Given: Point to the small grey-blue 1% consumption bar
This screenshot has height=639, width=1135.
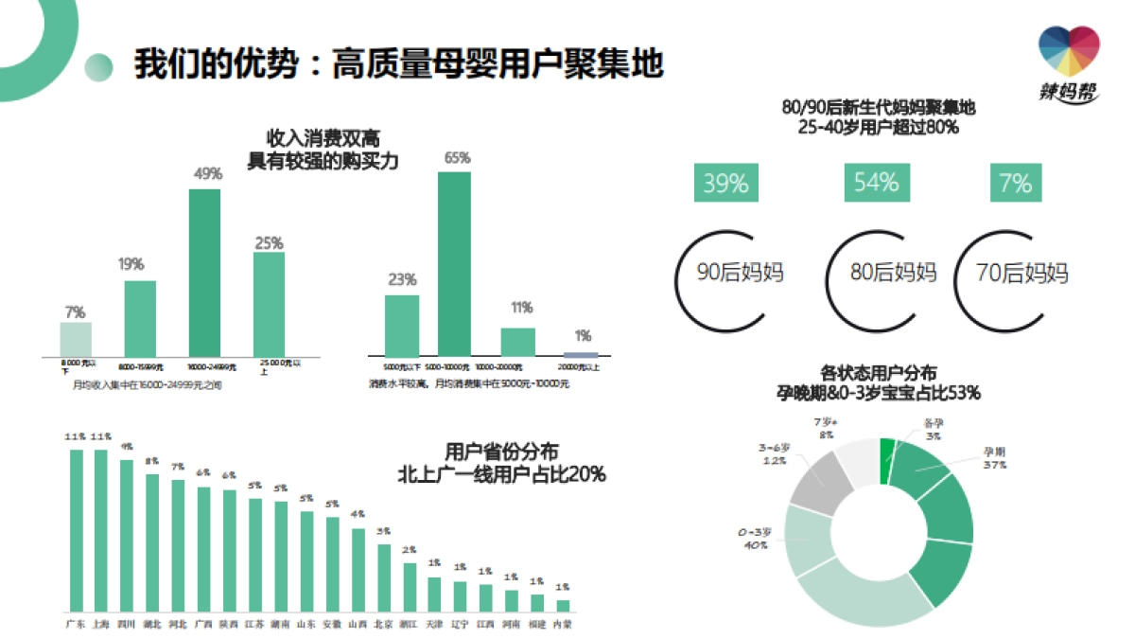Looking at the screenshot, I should click(x=582, y=354).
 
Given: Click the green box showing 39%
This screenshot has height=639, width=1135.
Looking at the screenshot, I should click(x=725, y=183).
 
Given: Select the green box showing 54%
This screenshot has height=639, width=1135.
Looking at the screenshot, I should click(x=876, y=183).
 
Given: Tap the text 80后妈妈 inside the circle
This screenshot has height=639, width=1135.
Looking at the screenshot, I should click(x=893, y=274).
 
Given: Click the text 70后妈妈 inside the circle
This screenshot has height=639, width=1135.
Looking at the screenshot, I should click(x=1022, y=274).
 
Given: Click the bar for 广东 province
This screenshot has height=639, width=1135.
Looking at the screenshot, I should click(x=76, y=530).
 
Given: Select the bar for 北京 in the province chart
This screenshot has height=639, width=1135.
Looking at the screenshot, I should click(x=383, y=577).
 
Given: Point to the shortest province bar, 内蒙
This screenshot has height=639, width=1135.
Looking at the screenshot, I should click(x=563, y=605).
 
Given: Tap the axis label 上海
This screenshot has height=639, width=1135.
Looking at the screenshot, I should click(x=101, y=624).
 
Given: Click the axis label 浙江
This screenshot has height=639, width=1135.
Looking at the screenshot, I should click(x=409, y=624).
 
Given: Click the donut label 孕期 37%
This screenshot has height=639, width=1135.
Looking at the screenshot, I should click(x=994, y=459).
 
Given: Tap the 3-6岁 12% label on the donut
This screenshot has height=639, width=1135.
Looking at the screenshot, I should click(x=774, y=453).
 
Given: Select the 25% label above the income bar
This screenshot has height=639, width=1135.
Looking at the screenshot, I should click(x=269, y=243).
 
